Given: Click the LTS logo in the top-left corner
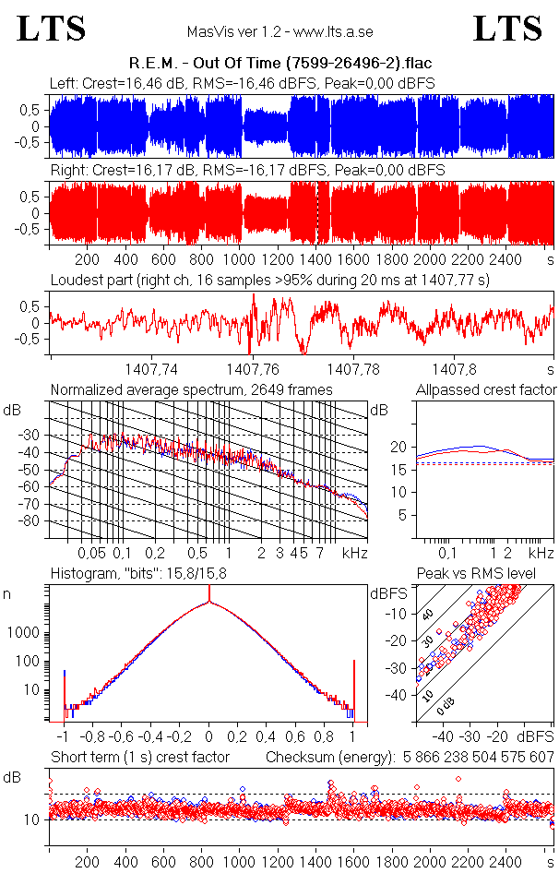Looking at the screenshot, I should [x=52, y=29].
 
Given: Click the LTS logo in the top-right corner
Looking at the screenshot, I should [x=507, y=29].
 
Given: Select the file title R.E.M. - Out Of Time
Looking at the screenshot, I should [x=279, y=63].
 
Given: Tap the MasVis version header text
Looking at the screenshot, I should [x=279, y=32].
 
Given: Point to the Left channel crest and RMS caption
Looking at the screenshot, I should [x=242, y=84].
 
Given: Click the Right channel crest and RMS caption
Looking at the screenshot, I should [x=247, y=171].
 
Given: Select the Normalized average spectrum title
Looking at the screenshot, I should [x=191, y=389].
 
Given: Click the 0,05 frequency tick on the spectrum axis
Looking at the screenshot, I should [x=91, y=553].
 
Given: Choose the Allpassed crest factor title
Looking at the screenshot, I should [x=486, y=389].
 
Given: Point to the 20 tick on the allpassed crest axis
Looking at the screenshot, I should [x=398, y=447].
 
